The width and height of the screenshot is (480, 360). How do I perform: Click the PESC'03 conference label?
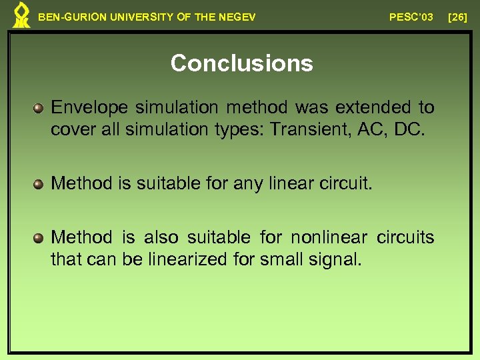point(411,17)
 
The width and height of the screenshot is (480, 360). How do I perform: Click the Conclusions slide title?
point(241,63)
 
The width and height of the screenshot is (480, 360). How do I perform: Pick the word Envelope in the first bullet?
point(90,107)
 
